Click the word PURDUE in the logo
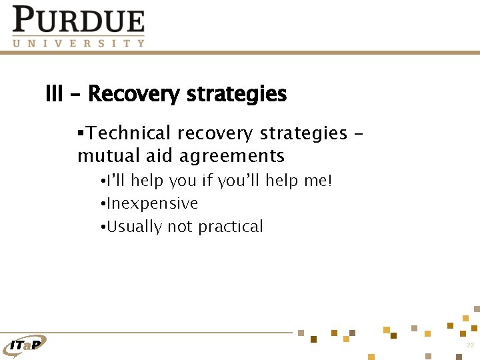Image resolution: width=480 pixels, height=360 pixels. pos(78,20)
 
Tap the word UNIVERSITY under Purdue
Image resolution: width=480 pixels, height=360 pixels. pos(78,43)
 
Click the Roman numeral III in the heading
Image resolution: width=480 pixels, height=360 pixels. pos(53,94)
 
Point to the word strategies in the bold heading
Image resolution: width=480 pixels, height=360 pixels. pos(237,95)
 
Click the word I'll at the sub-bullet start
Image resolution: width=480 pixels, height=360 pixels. pos(117,181)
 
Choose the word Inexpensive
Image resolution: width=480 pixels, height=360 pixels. pos(152,203)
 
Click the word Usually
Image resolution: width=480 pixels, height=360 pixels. pos(134,227)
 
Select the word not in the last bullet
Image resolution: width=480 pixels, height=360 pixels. pos(179,227)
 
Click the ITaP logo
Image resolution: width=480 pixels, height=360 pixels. pos(25,344)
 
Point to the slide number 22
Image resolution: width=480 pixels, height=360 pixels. pos(470,345)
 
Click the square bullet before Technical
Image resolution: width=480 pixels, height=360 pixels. pos(80,133)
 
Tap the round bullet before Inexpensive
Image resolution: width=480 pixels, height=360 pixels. pos(103,204)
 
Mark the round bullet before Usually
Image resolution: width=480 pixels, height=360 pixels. pos(103,227)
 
